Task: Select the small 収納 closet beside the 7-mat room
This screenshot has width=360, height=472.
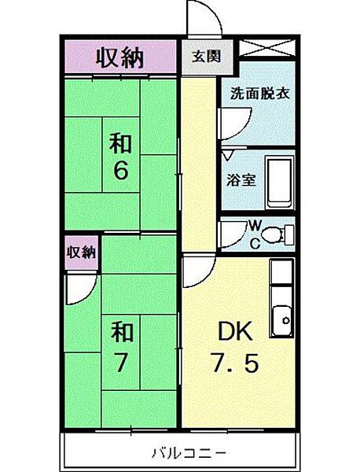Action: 80,253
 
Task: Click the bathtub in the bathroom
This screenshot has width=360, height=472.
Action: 277,180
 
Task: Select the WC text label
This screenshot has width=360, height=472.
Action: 255,232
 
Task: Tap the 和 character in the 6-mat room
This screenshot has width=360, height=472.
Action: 120,144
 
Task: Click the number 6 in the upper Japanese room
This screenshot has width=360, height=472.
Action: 120,171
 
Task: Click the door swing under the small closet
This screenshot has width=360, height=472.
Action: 79,289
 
